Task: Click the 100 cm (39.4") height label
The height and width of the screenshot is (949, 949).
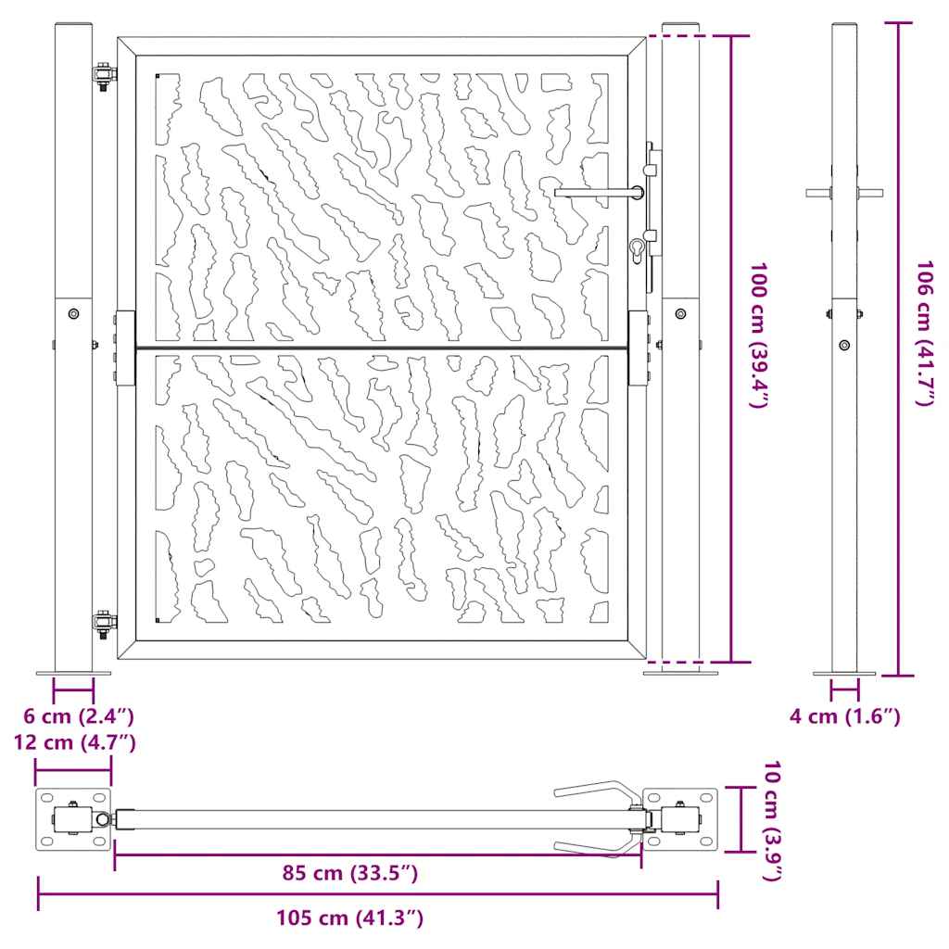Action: click(759, 335)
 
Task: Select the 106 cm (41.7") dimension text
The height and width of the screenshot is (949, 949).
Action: click(926, 334)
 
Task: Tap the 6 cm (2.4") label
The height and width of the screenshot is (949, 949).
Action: click(79, 716)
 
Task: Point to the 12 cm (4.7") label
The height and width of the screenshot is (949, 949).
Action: click(75, 742)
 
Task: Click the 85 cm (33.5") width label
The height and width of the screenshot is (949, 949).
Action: click(349, 873)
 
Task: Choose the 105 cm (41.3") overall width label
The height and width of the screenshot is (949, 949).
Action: click(349, 917)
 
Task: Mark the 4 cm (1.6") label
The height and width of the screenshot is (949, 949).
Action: click(845, 716)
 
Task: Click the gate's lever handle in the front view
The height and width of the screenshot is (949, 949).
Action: click(600, 193)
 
